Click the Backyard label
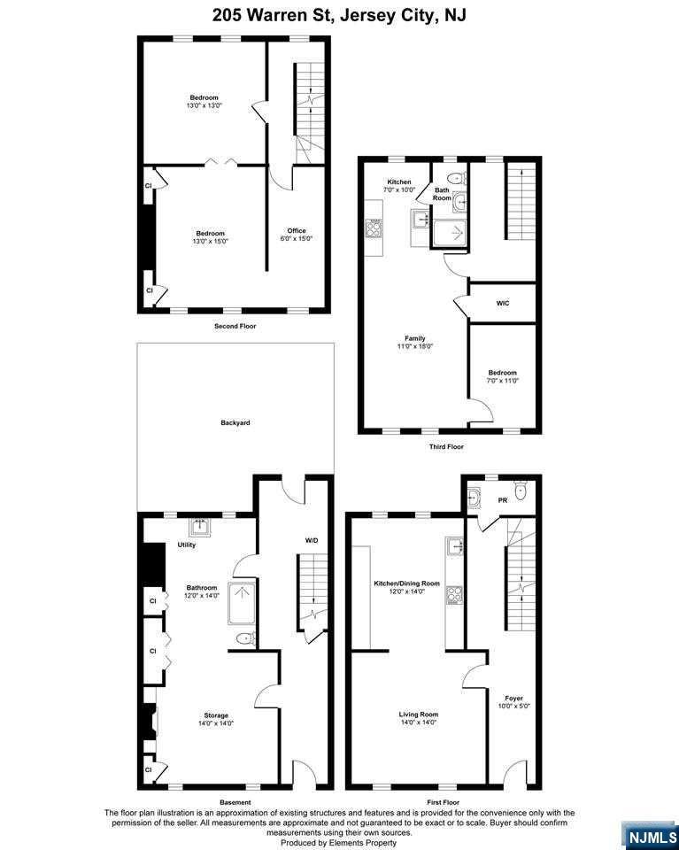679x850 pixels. click(x=235, y=422)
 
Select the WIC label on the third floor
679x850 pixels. click(x=503, y=304)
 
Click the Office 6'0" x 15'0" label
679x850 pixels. click(x=297, y=234)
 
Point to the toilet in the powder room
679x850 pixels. click(x=521, y=491)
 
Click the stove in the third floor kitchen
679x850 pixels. click(x=374, y=228)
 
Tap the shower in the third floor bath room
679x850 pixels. click(x=449, y=234)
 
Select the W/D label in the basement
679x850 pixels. click(x=311, y=540)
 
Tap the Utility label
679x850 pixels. click(x=187, y=545)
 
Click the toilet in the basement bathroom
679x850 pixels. click(x=245, y=639)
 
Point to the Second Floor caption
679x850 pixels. click(x=235, y=327)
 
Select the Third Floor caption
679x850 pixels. click(x=446, y=446)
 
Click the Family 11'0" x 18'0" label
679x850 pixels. click(x=415, y=342)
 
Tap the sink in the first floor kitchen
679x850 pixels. click(x=454, y=547)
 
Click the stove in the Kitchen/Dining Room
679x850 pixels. click(x=454, y=596)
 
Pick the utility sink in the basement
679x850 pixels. click(x=200, y=526)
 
